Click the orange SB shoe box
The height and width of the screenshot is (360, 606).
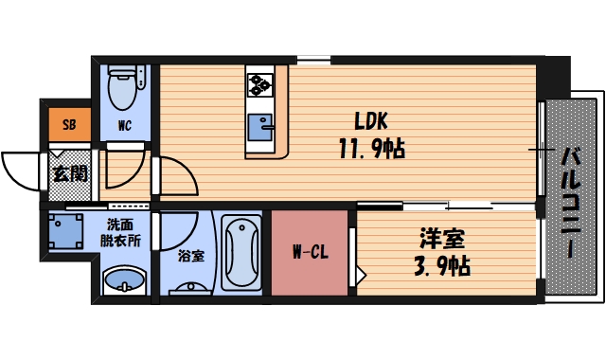pyautogui.click(x=69, y=123)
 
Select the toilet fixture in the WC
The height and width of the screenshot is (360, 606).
pyautogui.click(x=122, y=87)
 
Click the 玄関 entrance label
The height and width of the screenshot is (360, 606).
pyautogui.click(x=69, y=173)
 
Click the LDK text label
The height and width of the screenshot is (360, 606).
pyautogui.click(x=371, y=121)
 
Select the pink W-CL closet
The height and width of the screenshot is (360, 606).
pyautogui.click(x=310, y=252)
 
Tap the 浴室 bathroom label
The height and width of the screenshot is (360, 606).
pyautogui.click(x=190, y=256)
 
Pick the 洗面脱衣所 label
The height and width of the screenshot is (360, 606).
pyautogui.click(x=124, y=233)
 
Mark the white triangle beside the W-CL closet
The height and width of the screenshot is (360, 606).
pyautogui.click(x=360, y=276)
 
